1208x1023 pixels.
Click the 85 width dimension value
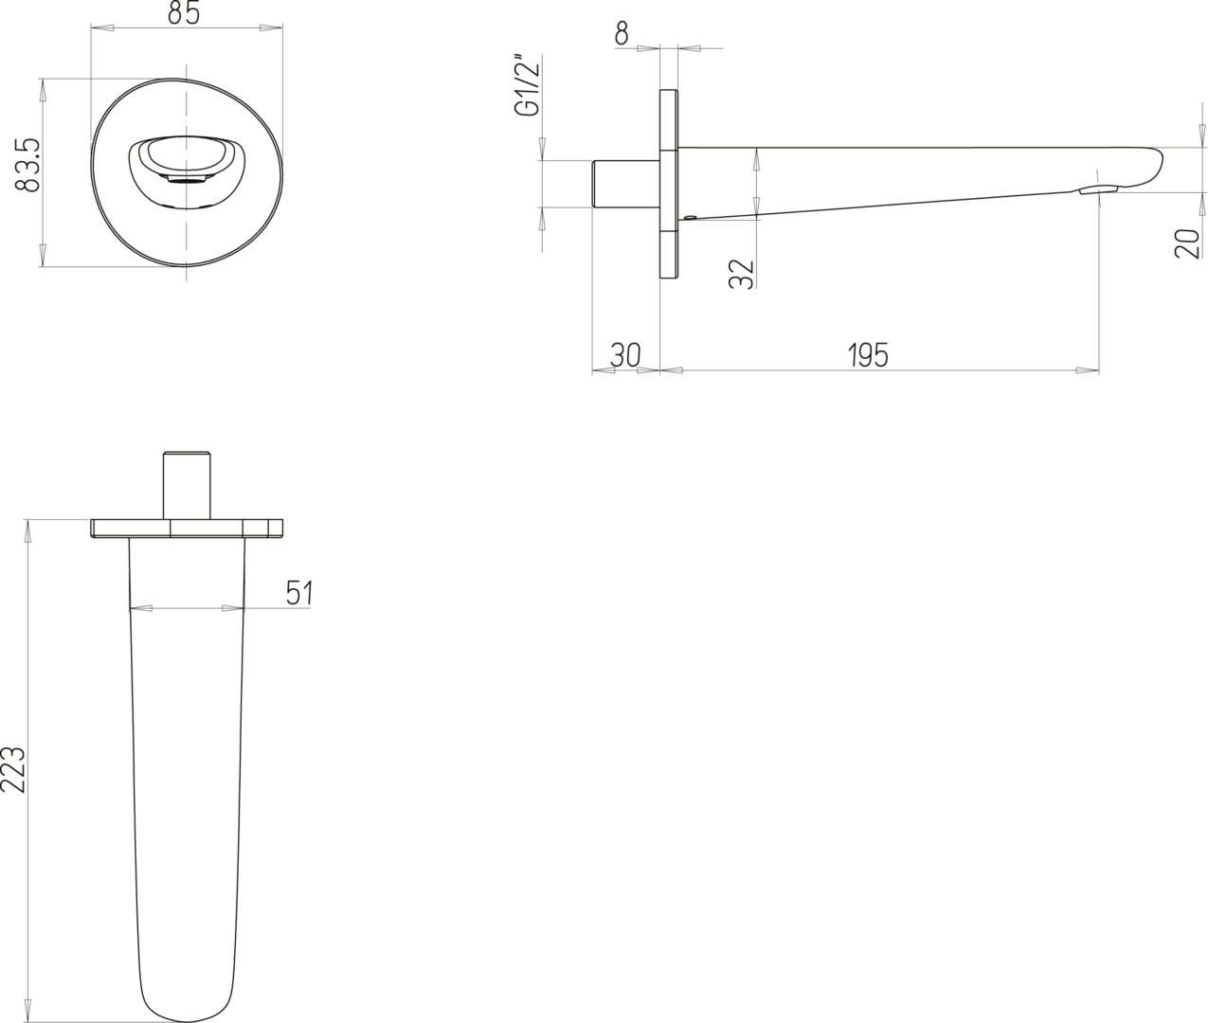(184, 13)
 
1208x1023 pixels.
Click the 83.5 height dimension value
(27, 165)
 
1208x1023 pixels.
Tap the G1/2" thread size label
(527, 86)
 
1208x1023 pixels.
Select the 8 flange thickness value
(622, 34)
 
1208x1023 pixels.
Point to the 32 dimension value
(742, 274)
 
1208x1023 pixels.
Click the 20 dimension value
(1187, 243)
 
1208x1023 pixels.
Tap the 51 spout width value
(299, 593)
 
